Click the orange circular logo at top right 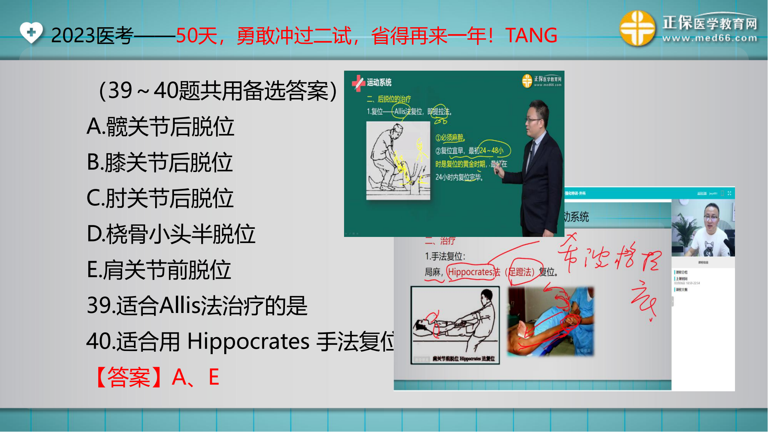tap(637, 28)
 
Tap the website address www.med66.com tap(710, 38)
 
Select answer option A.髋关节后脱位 tap(161, 127)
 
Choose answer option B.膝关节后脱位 tap(160, 162)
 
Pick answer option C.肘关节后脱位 tap(160, 198)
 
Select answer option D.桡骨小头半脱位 tap(171, 234)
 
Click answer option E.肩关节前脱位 tap(159, 270)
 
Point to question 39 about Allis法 tap(197, 306)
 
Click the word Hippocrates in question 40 tap(248, 341)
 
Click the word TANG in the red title tap(531, 36)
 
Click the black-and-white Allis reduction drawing tap(398, 161)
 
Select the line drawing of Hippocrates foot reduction tap(455, 325)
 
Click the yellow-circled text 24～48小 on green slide tap(492, 151)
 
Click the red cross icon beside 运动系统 tap(358, 83)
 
